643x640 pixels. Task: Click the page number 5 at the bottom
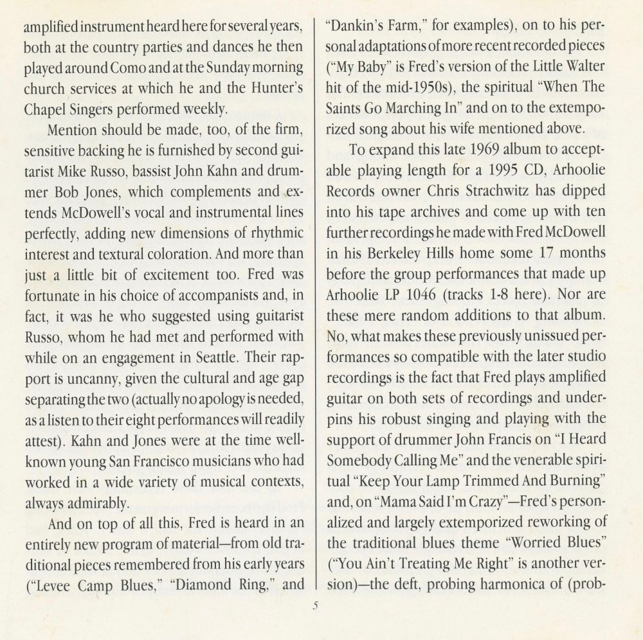click(316, 605)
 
